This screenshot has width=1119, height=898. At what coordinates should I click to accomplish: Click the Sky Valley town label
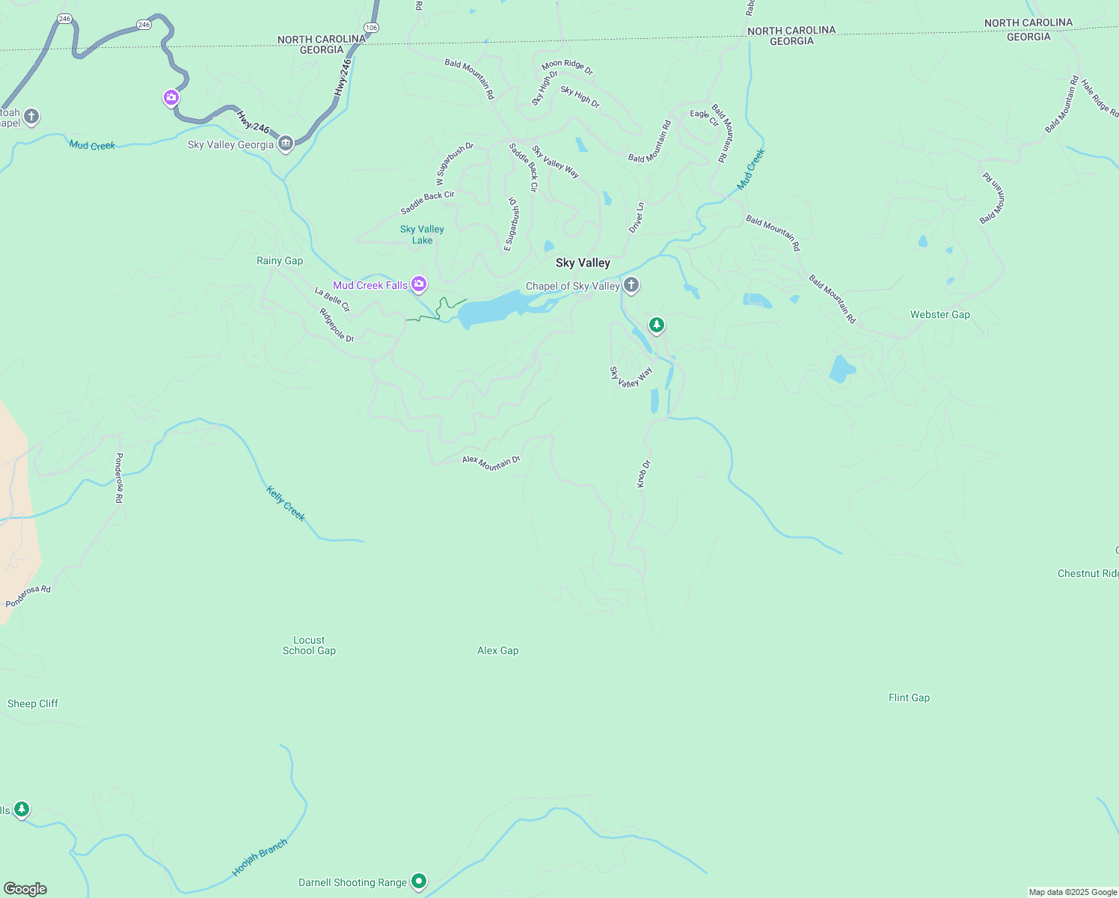click(x=583, y=263)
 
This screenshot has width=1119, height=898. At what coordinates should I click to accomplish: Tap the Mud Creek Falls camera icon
click(x=419, y=284)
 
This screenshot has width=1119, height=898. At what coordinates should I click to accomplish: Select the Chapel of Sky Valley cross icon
click(x=631, y=284)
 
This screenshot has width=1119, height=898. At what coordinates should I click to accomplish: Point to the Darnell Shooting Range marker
click(x=419, y=882)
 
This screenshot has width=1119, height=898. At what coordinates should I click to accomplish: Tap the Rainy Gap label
click(x=280, y=260)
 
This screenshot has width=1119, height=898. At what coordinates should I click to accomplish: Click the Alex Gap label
click(x=497, y=650)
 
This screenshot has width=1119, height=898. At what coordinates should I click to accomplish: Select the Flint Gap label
click(x=909, y=697)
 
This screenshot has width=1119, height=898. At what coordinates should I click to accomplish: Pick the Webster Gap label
click(x=939, y=314)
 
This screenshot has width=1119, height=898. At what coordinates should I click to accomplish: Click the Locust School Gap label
click(x=309, y=645)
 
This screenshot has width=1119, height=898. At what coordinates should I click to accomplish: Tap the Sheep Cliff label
click(x=33, y=703)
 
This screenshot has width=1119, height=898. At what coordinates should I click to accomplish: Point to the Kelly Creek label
click(x=286, y=503)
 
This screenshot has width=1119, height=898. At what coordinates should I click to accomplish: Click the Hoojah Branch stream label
click(x=260, y=858)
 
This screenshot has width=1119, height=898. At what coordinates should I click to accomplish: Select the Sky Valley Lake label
click(x=422, y=234)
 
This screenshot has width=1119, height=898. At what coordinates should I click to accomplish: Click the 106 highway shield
click(x=372, y=28)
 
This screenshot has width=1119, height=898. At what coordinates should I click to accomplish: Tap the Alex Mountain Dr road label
click(x=491, y=462)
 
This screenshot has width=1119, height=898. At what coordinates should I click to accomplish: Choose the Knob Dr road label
click(x=643, y=474)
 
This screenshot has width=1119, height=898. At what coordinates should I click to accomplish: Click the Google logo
click(x=25, y=888)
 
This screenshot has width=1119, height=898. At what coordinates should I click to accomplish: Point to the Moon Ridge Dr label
click(x=567, y=67)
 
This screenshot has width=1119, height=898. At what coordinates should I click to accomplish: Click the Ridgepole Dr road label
click(x=337, y=326)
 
